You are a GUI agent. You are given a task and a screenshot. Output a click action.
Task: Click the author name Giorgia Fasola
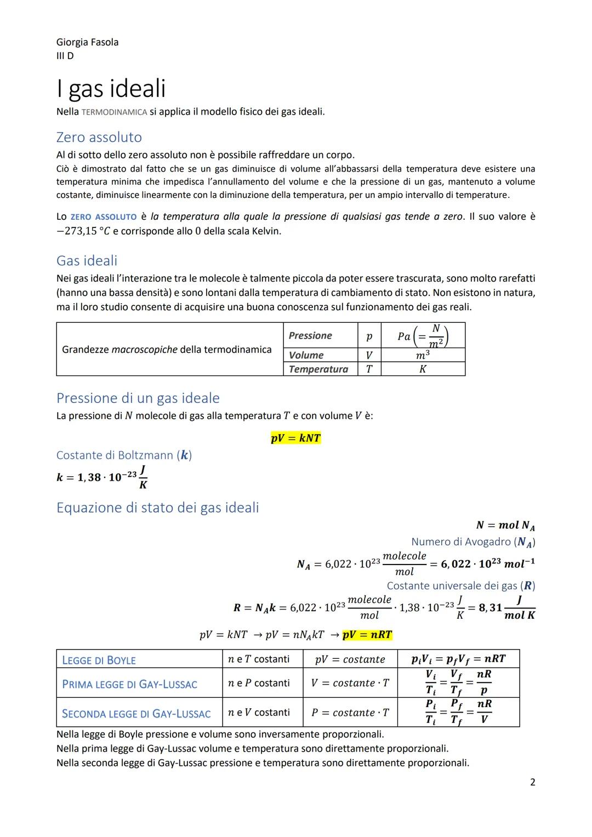[87, 42]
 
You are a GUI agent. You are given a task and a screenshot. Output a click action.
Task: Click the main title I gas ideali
[111, 88]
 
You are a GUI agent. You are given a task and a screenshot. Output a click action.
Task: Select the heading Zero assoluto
[99, 137]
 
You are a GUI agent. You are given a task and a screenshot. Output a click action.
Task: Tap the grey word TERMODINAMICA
[114, 112]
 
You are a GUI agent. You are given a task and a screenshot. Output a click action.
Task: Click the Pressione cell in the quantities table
[310, 335]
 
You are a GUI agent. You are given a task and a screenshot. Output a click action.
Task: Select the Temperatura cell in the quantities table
[318, 369]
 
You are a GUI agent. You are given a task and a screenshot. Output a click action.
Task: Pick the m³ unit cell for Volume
[422, 355]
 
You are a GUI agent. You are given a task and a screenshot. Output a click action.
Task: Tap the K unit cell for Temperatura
[422, 369]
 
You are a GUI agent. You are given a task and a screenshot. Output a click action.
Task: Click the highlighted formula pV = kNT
[295, 438]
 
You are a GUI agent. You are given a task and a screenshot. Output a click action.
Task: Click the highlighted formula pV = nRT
[367, 635]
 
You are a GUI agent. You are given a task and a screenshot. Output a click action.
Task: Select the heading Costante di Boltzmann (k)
[124, 455]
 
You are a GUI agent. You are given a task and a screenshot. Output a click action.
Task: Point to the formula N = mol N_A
[505, 525]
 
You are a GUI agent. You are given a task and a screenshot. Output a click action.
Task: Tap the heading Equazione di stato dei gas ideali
[157, 508]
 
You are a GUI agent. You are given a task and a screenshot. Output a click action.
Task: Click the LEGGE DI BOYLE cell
[99, 660]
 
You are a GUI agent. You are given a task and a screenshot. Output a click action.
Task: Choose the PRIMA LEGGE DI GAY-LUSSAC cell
[129, 684]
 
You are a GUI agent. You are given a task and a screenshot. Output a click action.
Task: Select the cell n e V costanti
[259, 712]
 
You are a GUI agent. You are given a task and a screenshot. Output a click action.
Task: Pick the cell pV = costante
[350, 659]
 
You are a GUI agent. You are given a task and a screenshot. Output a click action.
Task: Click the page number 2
[532, 782]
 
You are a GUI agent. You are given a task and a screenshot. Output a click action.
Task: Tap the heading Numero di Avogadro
[473, 542]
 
